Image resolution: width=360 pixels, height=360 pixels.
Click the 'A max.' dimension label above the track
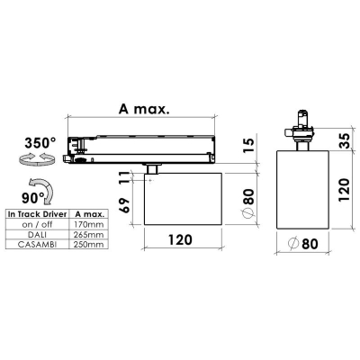pyautogui.click(x=144, y=109)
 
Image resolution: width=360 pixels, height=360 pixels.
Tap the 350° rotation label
pyautogui.click(x=40, y=142)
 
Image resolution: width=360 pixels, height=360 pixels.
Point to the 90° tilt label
pyautogui.click(x=33, y=198)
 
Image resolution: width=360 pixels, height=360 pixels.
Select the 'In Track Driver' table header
pyautogui.click(x=37, y=214)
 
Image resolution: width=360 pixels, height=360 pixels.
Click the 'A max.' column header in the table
pyautogui.click(x=89, y=214)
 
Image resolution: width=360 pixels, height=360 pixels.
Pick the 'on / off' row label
pyautogui.click(x=37, y=224)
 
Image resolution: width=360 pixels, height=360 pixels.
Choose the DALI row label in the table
pyautogui.click(x=37, y=234)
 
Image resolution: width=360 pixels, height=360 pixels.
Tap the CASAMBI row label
pyautogui.click(x=37, y=244)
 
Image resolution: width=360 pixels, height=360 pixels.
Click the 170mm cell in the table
pyautogui.click(x=89, y=224)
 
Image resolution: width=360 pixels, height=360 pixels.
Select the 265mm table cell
pyautogui.click(x=89, y=234)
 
